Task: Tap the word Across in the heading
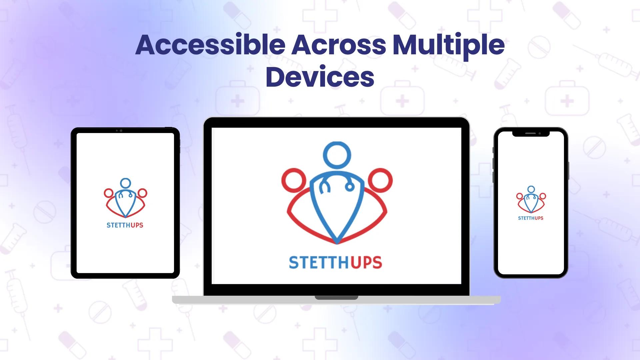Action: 339,45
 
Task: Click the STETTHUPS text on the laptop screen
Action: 335,263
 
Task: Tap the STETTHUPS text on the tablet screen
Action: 125,225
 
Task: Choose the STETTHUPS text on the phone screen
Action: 531,218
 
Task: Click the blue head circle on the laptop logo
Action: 337,155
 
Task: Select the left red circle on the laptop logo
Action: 294,180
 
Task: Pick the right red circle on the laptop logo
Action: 380,180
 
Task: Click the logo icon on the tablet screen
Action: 125,198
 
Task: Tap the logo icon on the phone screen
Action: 531,200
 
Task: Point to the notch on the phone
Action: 531,134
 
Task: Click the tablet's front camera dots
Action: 119,131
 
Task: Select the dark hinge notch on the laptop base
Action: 336,297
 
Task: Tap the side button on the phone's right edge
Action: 568,170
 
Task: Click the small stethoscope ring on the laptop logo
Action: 350,187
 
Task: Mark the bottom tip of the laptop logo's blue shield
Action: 337,241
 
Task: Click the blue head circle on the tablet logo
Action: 126,183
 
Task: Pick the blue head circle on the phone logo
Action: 531,189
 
